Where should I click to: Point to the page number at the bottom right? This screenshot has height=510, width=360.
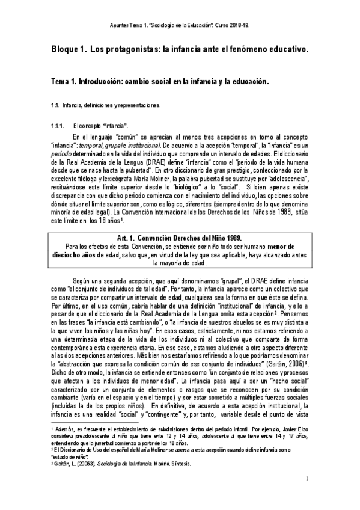[307, 479]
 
